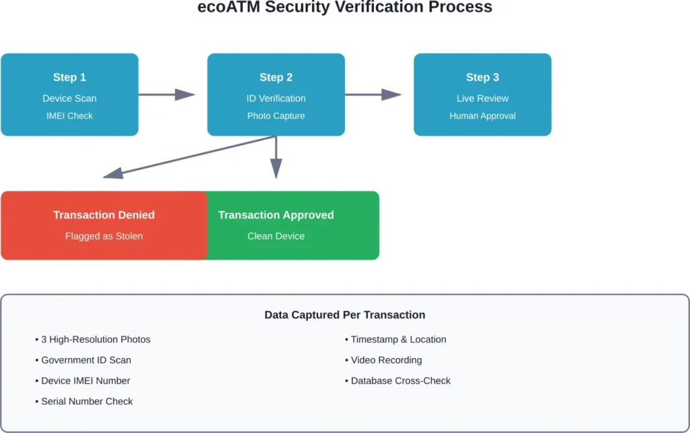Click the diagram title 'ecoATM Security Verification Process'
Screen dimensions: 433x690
[345, 8]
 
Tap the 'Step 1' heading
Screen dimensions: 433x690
[69, 78]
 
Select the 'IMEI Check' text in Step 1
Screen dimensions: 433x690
[69, 115]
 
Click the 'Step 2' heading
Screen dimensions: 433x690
[276, 78]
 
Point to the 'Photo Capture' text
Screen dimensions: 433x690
[276, 115]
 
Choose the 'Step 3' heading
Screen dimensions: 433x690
[482, 78]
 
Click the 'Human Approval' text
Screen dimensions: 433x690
[482, 115]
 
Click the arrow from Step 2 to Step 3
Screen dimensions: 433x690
[373, 94]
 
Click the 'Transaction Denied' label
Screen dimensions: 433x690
[104, 215]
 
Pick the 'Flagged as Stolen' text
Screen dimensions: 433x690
[104, 236]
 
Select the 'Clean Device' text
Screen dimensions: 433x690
[276, 236]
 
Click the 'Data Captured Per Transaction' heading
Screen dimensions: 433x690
[344, 315]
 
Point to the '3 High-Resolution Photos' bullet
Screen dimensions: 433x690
[93, 339]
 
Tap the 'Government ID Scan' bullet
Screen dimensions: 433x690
[84, 360]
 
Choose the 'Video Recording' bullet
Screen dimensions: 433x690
[384, 360]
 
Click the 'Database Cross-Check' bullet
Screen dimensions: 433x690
[398, 380]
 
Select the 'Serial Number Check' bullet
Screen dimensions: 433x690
[84, 401]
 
